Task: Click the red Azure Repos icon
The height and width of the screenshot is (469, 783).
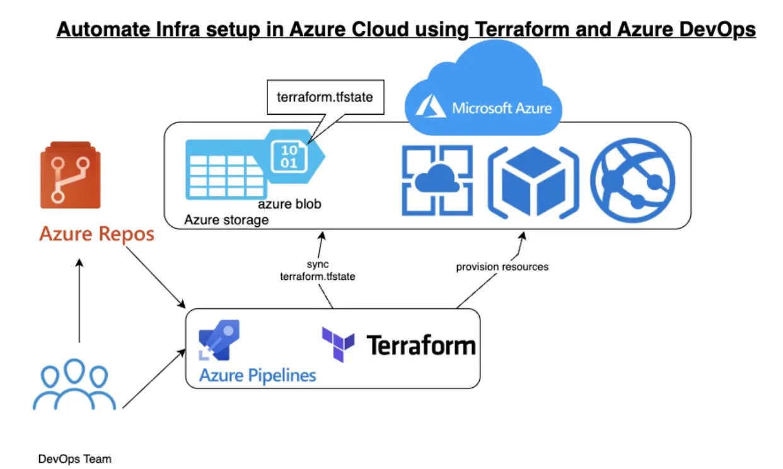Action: click(70, 175)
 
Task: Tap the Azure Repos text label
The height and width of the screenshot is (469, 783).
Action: click(97, 234)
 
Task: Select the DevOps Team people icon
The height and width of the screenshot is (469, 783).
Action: click(74, 384)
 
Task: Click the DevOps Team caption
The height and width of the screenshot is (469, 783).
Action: click(75, 458)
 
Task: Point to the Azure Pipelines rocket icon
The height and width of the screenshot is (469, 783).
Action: click(219, 340)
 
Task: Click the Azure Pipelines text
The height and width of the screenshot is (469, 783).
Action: click(258, 375)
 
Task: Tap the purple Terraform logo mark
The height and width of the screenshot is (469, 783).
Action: click(338, 345)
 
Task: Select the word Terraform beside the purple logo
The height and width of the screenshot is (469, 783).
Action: click(421, 345)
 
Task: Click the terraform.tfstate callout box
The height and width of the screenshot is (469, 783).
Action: click(325, 97)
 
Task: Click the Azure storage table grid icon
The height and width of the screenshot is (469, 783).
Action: click(226, 170)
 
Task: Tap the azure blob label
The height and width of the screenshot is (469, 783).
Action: click(289, 204)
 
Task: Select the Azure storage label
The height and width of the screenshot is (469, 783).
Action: click(226, 220)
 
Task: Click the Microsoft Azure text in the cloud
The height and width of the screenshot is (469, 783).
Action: click(502, 108)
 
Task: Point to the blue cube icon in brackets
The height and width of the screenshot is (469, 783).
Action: click(533, 182)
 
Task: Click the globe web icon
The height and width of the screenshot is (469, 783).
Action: click(633, 181)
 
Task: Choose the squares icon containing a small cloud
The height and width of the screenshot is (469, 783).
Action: click(438, 180)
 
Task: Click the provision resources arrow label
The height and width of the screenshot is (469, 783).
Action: click(502, 267)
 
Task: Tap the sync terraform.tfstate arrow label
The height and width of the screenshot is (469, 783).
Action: click(317, 270)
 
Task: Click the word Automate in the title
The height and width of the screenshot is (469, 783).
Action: click(103, 29)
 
